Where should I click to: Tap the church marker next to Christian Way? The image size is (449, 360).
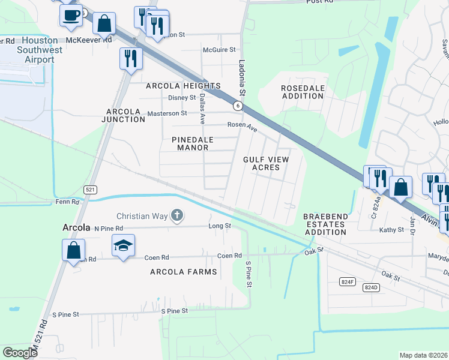click(176, 215)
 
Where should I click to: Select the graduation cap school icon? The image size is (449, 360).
click(123, 245)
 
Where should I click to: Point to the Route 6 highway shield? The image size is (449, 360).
click(238, 106)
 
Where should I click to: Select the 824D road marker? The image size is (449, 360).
click(372, 287)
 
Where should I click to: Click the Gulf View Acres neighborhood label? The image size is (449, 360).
click(266, 163)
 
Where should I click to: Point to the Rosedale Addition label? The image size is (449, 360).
click(303, 92)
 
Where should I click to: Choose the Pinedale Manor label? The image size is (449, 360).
click(193, 143)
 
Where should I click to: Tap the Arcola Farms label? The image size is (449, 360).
click(183, 272)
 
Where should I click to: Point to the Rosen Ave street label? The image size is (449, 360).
click(242, 125)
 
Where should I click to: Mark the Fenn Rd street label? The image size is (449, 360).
click(67, 203)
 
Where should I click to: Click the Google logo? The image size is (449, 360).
click(20, 353)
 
